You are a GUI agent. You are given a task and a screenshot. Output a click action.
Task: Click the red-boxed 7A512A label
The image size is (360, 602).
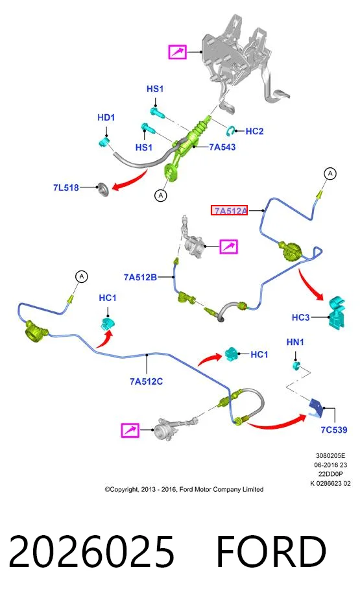pyautogui.click(x=229, y=210)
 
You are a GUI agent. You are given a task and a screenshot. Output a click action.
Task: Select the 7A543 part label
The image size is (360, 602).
pyautogui.click(x=222, y=147)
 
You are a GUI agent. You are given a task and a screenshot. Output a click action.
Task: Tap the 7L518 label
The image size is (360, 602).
pyautogui.click(x=66, y=187)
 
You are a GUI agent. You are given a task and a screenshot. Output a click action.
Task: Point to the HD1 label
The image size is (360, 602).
pyautogui.click(x=106, y=117)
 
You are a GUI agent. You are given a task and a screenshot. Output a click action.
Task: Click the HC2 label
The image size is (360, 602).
pyautogui.click(x=254, y=131)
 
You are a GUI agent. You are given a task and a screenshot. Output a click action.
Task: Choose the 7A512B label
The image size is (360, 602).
pyautogui.click(x=141, y=277)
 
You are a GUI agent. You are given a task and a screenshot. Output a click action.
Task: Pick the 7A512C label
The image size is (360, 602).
pyautogui.click(x=146, y=381)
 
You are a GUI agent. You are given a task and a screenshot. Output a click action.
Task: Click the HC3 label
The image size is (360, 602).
pyautogui.click(x=300, y=317)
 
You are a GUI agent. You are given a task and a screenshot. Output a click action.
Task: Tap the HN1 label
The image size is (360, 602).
pyautogui.click(x=295, y=342)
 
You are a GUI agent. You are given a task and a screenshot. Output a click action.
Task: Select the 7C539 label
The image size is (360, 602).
pyautogui.click(x=334, y=429)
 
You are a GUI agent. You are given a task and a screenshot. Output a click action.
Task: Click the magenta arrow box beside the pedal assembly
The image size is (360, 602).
pyautogui.click(x=177, y=51)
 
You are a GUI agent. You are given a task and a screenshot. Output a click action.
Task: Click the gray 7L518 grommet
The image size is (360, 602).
pyautogui.click(x=103, y=189)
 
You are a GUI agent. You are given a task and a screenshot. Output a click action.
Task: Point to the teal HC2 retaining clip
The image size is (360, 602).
pyautogui.click(x=230, y=130)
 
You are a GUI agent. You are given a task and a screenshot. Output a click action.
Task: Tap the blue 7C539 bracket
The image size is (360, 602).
pyautogui.click(x=317, y=407)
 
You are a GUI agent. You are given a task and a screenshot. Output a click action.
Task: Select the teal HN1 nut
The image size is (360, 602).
pyautogui.click(x=296, y=365)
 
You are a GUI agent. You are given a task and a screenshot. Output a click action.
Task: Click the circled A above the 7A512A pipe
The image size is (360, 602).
pyautogui.click(x=330, y=174)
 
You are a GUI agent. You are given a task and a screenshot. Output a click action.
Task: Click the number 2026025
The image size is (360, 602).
pyautogui.click(x=91, y=551)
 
